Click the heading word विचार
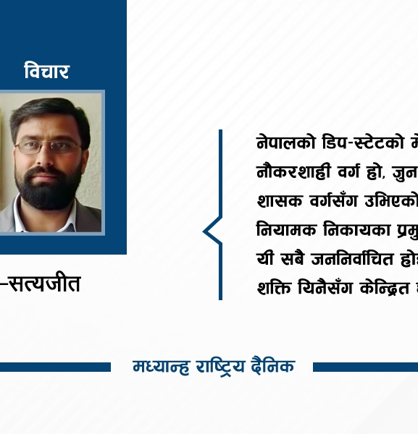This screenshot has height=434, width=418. [46, 71]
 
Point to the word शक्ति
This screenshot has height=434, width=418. [273, 287]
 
